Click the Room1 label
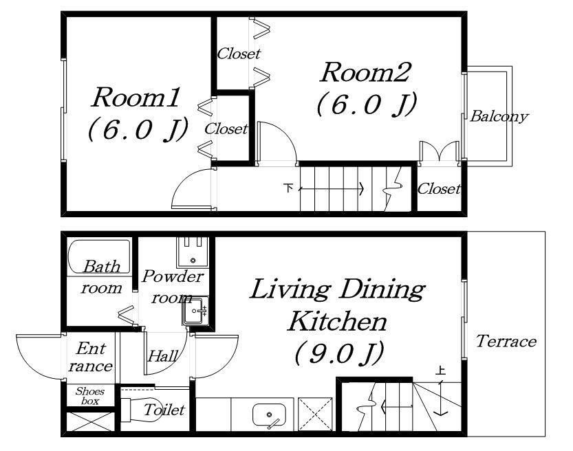136,97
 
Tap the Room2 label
365,72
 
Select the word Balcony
499,116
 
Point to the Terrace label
506,341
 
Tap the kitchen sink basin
270,415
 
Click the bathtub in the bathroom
99,256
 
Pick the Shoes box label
90,396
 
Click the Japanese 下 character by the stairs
288,188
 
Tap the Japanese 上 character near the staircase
441,371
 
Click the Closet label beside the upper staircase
439,189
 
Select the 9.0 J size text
338,353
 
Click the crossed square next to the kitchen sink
315,415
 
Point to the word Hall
163,355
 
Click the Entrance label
91,357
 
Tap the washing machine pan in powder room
193,253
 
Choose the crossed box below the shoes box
91,422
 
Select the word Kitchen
337,321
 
